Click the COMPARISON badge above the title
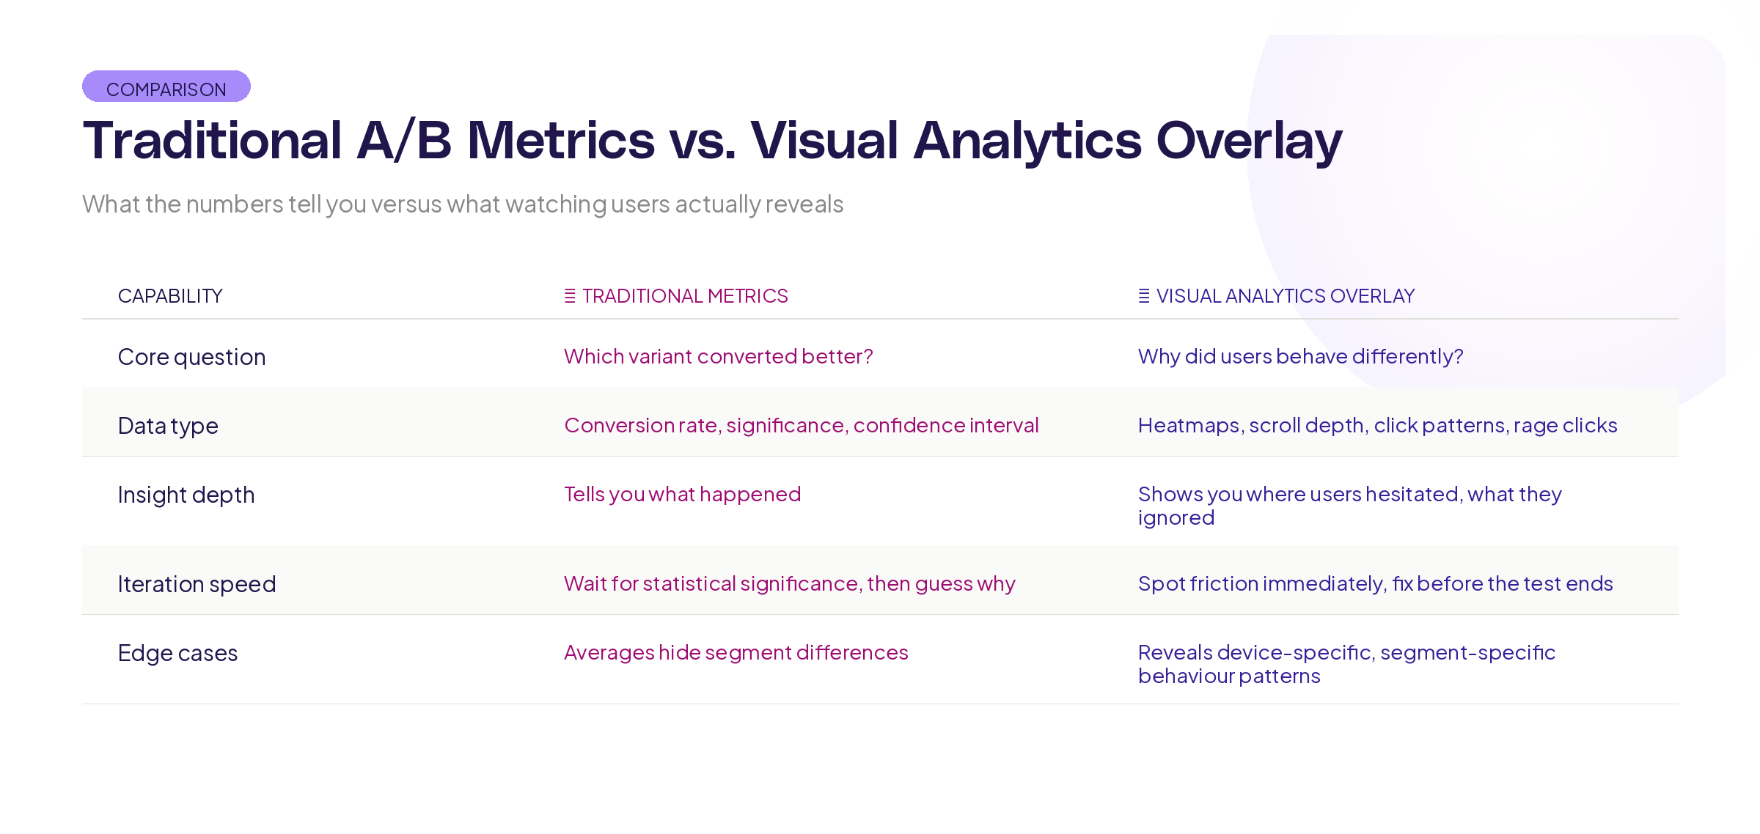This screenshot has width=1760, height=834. point(166,87)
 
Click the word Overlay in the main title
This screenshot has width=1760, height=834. point(1248,141)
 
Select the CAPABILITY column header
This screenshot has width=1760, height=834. point(170,296)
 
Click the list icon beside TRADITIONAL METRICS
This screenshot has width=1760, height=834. point(570,296)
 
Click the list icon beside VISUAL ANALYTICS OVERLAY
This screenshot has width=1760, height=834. point(1143,296)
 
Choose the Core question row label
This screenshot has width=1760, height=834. point(191,357)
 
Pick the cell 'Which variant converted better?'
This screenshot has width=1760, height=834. point(718,356)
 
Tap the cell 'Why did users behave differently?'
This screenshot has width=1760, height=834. point(1300,356)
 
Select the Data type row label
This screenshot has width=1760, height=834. point(168,426)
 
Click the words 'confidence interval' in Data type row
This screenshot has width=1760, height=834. point(945,425)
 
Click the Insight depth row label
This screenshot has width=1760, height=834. point(186,495)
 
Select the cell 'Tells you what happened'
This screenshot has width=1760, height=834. point(682,494)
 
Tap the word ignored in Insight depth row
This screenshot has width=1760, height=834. point(1176,517)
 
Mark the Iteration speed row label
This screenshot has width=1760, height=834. point(197,584)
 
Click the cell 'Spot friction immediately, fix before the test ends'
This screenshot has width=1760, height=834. point(1375,583)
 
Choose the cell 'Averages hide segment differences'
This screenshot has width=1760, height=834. point(736,652)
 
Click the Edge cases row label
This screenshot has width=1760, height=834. point(177,653)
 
